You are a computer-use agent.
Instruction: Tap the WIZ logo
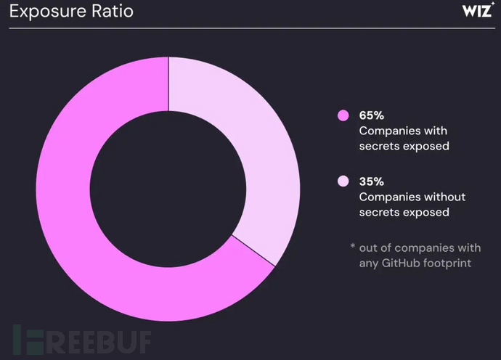(x=478, y=12)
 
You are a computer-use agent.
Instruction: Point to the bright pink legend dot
(x=343, y=115)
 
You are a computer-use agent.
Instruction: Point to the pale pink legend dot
(x=343, y=181)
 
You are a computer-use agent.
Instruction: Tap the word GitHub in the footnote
(x=399, y=262)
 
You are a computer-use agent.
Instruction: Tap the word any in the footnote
(x=368, y=262)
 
